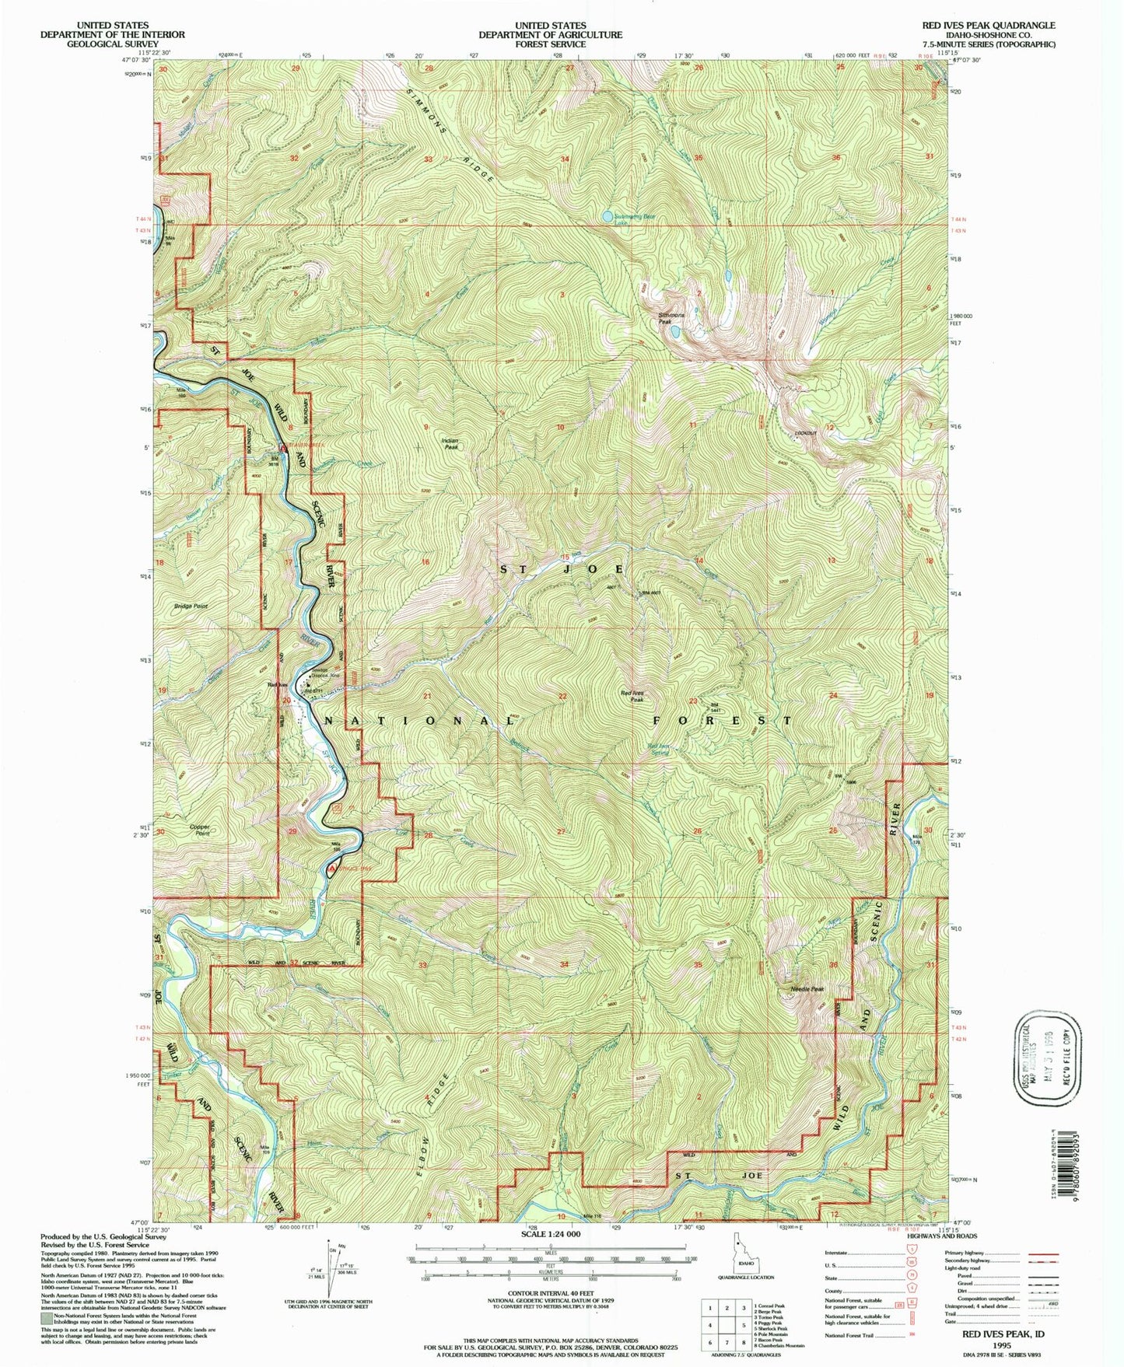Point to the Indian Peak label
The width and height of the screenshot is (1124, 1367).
click(x=450, y=444)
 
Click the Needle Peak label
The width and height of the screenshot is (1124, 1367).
click(x=807, y=989)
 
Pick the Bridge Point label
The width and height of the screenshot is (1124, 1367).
click(x=191, y=606)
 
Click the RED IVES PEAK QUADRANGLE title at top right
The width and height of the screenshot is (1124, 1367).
click(x=989, y=26)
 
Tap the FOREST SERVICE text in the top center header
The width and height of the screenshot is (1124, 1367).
click(x=550, y=44)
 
